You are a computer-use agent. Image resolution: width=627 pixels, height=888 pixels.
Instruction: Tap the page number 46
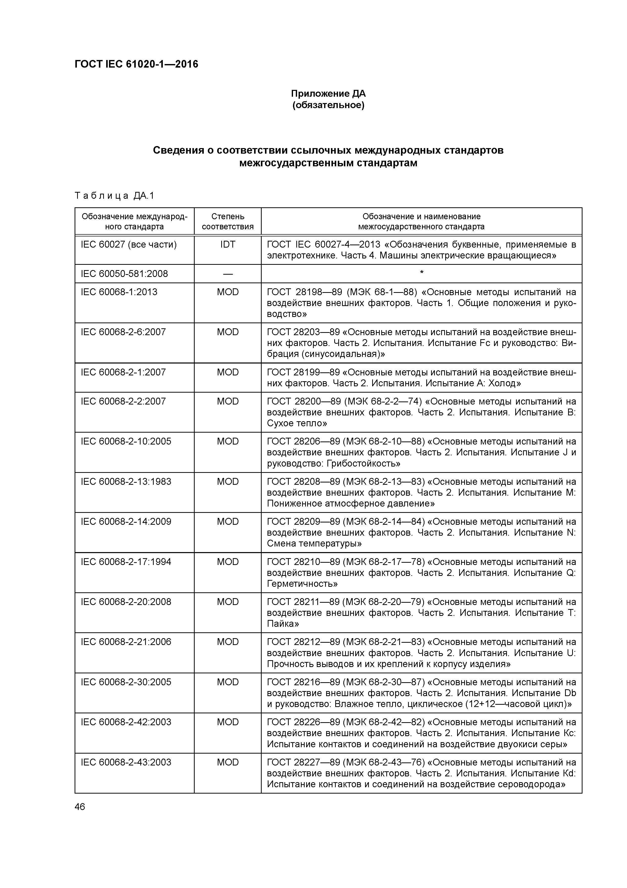(x=80, y=807)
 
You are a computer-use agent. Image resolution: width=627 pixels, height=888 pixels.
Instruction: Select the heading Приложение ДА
(x=328, y=94)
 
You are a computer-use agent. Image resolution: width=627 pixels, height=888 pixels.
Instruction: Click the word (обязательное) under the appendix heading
(x=328, y=105)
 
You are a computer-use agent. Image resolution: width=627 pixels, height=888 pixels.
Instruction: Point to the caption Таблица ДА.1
(x=114, y=196)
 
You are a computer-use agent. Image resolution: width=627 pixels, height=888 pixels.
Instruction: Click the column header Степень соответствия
(x=228, y=221)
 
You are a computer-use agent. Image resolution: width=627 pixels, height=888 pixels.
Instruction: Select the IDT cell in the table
(x=228, y=245)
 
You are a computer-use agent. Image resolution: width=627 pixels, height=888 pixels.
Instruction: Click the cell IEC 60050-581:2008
(x=124, y=274)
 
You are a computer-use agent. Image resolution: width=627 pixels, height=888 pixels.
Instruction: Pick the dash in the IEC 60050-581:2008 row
(x=228, y=274)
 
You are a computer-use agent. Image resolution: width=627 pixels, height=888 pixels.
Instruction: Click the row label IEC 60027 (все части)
(x=129, y=245)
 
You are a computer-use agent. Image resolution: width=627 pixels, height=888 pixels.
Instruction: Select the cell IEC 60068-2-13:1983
(x=126, y=481)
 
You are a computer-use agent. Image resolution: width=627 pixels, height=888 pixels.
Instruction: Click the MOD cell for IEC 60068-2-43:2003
(x=228, y=762)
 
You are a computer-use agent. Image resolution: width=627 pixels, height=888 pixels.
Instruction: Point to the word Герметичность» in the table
(x=302, y=584)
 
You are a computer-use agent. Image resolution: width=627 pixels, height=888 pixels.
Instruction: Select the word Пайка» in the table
(x=283, y=624)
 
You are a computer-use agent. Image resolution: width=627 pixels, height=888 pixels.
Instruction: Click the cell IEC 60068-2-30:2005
(x=126, y=682)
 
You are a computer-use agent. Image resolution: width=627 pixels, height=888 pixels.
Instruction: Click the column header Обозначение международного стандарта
(x=135, y=221)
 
